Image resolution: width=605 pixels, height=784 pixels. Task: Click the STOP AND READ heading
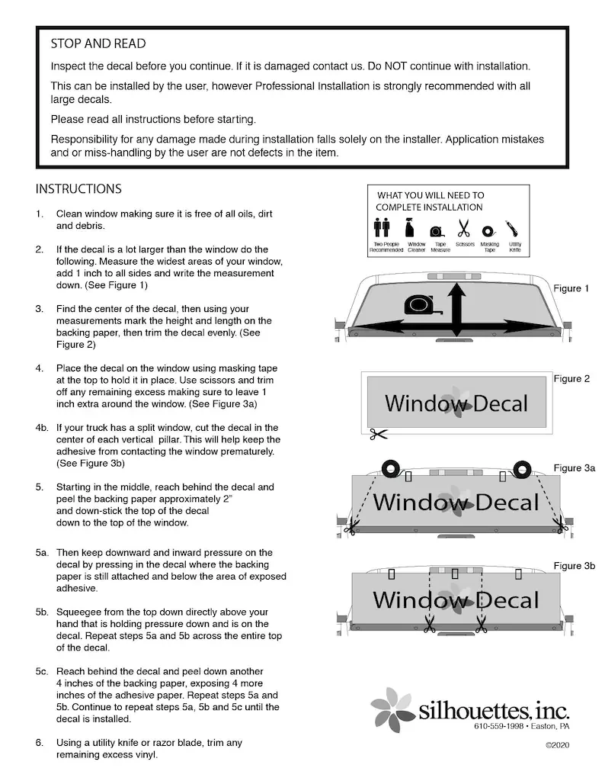pyautogui.click(x=98, y=44)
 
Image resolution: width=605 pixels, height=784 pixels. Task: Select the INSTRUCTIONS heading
pyautogui.click(x=78, y=189)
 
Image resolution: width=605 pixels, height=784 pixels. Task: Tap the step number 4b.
pyautogui.click(x=43, y=428)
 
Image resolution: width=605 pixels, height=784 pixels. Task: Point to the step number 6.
pyautogui.click(x=39, y=743)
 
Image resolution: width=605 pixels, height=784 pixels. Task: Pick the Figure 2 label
pyautogui.click(x=571, y=379)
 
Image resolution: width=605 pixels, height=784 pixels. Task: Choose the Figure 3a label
pyautogui.click(x=574, y=468)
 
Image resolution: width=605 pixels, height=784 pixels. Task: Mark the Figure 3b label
pyautogui.click(x=574, y=566)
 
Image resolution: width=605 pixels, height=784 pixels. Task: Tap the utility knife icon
pyautogui.click(x=515, y=228)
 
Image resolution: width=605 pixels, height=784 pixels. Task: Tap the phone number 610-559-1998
pyautogui.click(x=498, y=726)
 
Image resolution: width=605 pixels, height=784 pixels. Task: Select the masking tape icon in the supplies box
pyautogui.click(x=489, y=230)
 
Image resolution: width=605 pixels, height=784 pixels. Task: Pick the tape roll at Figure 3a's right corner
pyautogui.click(x=522, y=468)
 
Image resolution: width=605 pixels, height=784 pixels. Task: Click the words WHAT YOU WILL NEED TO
pyautogui.click(x=431, y=196)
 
